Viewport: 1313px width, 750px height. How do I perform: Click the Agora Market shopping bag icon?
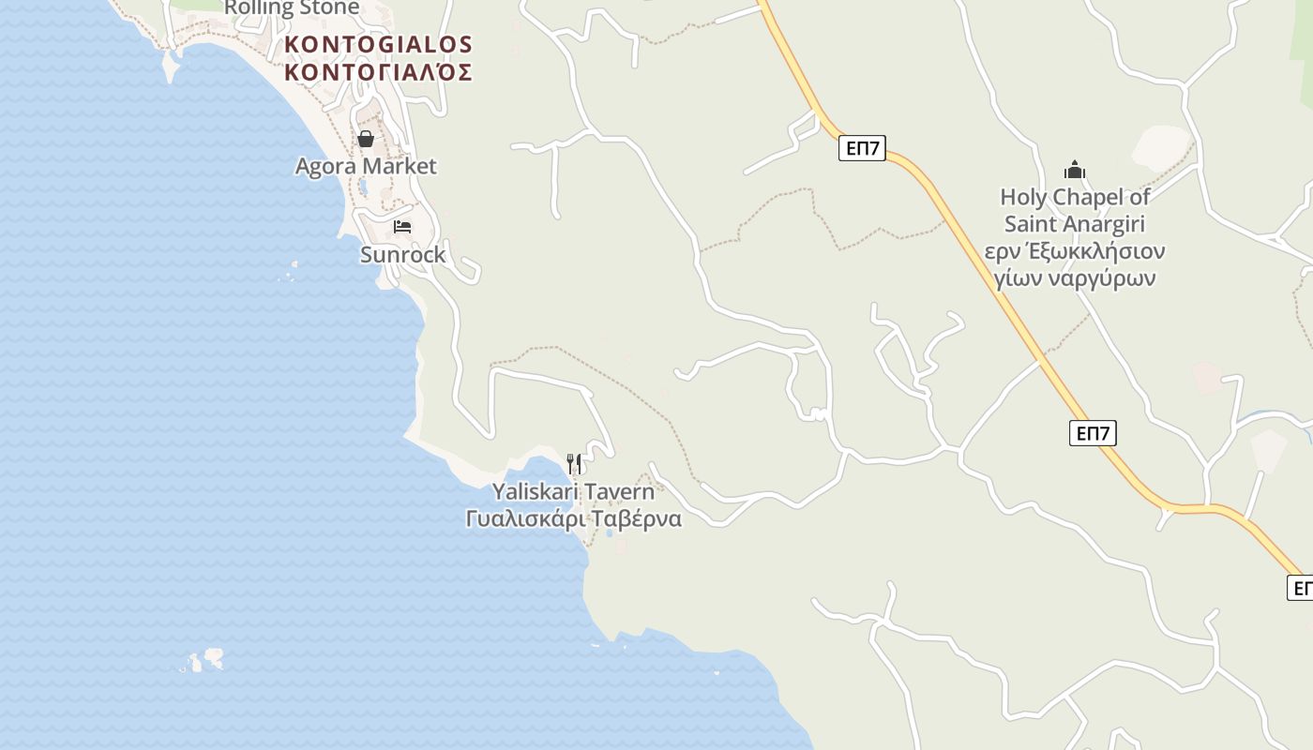coord(366,139)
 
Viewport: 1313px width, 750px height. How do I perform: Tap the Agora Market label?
coord(366,167)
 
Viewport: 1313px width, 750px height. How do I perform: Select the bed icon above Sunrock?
coord(402,227)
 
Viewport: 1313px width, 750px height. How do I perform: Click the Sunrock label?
coord(403,255)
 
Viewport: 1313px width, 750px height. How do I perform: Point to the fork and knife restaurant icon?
coord(574,463)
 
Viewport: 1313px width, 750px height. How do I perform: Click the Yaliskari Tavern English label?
coord(573,492)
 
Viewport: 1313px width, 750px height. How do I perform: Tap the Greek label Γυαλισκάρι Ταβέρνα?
coord(573,519)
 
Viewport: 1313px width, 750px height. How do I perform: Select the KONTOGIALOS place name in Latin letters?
coord(379,44)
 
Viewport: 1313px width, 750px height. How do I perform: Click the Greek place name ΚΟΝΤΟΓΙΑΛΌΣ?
coord(379,72)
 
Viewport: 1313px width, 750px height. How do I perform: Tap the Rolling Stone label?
coord(292,8)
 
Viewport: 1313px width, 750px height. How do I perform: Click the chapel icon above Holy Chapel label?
coord(1075,170)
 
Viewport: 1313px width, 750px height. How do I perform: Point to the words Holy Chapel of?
coord(1075,197)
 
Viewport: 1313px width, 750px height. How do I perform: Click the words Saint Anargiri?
coord(1075,224)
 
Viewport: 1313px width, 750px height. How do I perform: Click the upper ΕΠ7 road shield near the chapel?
coord(862,148)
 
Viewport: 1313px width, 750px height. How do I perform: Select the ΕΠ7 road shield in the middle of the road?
coord(1093,433)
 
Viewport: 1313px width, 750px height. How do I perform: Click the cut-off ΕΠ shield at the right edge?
coord(1301,588)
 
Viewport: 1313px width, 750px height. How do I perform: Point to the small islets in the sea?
coord(204,660)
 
